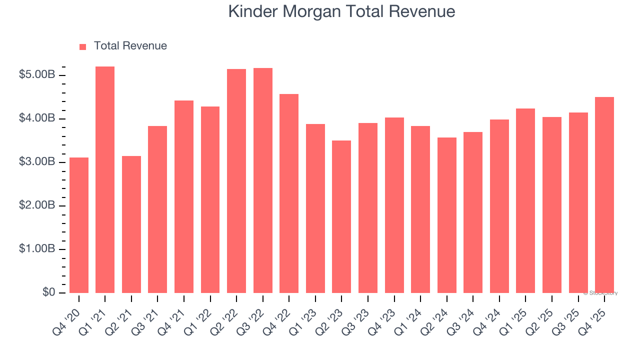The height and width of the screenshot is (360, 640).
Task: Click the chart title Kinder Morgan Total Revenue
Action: pyautogui.click(x=341, y=11)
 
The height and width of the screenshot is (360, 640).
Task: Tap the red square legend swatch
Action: pyautogui.click(x=83, y=46)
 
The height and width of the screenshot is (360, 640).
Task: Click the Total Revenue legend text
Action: pyautogui.click(x=130, y=46)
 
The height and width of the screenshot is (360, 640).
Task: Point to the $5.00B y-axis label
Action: pyautogui.click(x=37, y=75)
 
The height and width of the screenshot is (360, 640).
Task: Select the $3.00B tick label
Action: pyautogui.click(x=37, y=162)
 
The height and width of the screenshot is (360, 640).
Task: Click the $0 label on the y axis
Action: pyautogui.click(x=48, y=292)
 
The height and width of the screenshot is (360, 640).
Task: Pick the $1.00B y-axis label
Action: pyautogui.click(x=37, y=249)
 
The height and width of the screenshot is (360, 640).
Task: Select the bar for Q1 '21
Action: pyautogui.click(x=105, y=180)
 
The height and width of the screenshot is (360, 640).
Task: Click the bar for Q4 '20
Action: pyautogui.click(x=79, y=225)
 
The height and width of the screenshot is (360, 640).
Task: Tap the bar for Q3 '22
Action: pyautogui.click(x=263, y=180)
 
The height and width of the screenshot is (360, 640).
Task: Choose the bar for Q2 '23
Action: pyautogui.click(x=341, y=216)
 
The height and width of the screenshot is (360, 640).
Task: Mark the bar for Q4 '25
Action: pyautogui.click(x=604, y=195)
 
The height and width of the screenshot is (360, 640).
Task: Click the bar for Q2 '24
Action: pyautogui.click(x=447, y=215)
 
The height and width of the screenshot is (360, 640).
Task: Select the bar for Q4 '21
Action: pyautogui.click(x=184, y=196)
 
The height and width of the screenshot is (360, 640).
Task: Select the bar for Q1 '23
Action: pyautogui.click(x=315, y=208)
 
